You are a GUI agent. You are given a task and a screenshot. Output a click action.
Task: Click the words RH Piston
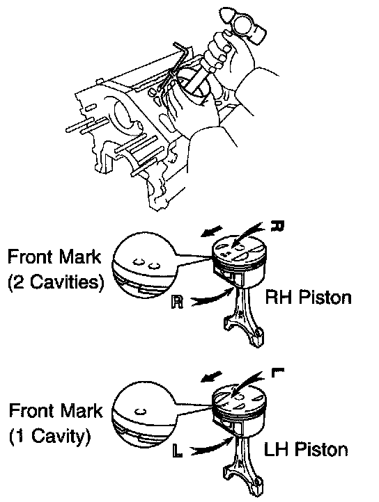coord(309,298)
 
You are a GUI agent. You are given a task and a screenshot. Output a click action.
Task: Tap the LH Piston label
coord(306,449)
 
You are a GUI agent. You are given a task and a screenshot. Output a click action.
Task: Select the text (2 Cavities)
coord(56,282)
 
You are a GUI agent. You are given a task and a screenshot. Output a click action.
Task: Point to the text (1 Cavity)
coord(49,436)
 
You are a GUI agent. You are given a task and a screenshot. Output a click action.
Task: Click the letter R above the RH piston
coord(277,225)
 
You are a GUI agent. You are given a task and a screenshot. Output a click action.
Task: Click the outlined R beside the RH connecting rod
coord(177,302)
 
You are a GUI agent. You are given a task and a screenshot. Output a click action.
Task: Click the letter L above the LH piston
coord(277,373)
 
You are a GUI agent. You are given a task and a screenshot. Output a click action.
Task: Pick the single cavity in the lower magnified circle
coord(140,412)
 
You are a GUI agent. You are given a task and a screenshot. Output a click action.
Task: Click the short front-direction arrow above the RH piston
coord(211,232)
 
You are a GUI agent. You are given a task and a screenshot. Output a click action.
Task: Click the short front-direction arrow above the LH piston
coord(211,377)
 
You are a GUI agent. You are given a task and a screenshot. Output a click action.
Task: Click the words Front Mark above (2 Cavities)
coord(54,257)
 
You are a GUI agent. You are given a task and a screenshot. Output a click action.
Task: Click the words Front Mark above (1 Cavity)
coord(56,410)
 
